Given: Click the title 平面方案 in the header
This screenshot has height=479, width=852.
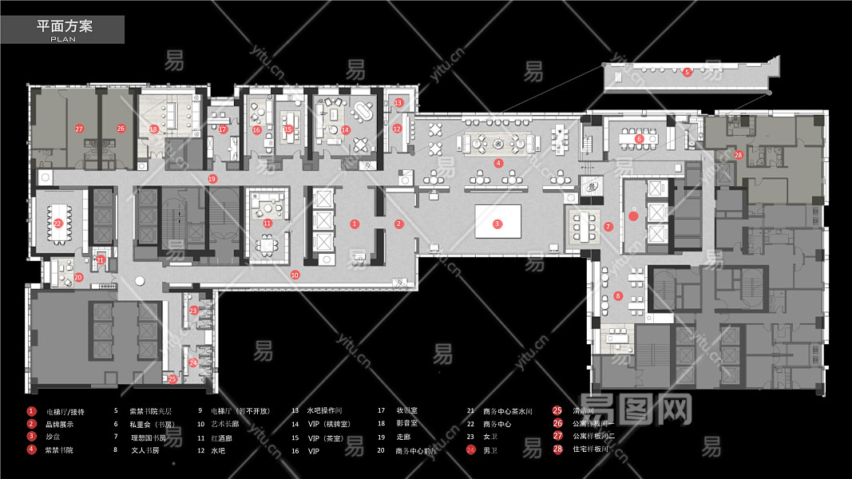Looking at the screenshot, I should (x=65, y=26).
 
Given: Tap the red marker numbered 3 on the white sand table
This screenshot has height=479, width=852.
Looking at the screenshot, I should (x=497, y=224).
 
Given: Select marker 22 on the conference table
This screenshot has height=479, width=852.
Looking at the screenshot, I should (x=58, y=224).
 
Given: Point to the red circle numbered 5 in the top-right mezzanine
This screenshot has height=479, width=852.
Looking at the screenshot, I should (x=687, y=72).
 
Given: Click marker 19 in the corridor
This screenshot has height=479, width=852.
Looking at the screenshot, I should (x=212, y=179).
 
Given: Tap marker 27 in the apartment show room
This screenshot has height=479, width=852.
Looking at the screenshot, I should (x=79, y=129).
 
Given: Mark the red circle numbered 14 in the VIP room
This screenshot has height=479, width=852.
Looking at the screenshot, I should (x=346, y=129).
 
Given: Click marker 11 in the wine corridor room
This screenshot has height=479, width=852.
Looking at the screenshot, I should (x=267, y=224).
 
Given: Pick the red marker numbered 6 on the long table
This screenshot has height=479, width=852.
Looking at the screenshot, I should (x=639, y=139).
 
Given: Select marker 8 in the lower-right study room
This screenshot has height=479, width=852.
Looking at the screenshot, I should (x=618, y=297).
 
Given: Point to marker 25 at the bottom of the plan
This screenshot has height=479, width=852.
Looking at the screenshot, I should (x=172, y=378).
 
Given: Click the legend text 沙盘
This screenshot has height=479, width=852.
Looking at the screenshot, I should (x=53, y=437).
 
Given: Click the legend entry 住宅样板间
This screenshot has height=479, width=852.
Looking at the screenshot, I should (x=591, y=449).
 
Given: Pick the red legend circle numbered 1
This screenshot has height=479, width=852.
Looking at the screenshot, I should (x=31, y=411).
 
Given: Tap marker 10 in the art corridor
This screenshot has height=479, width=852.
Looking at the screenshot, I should (x=295, y=275).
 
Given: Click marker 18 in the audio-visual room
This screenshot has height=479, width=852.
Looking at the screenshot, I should (x=153, y=129).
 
